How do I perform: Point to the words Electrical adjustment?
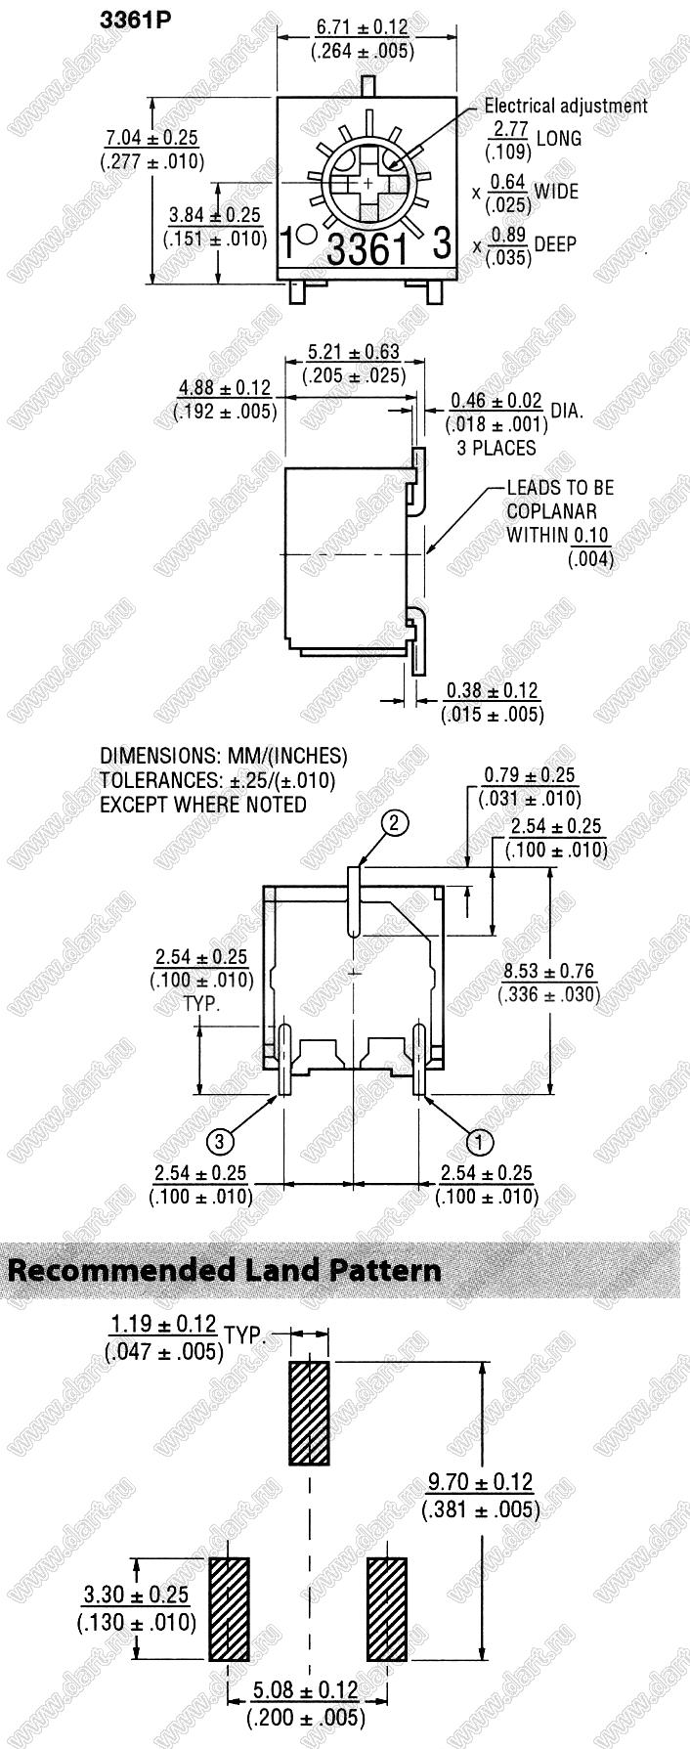[x=566, y=106]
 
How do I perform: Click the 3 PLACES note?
[x=496, y=448]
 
